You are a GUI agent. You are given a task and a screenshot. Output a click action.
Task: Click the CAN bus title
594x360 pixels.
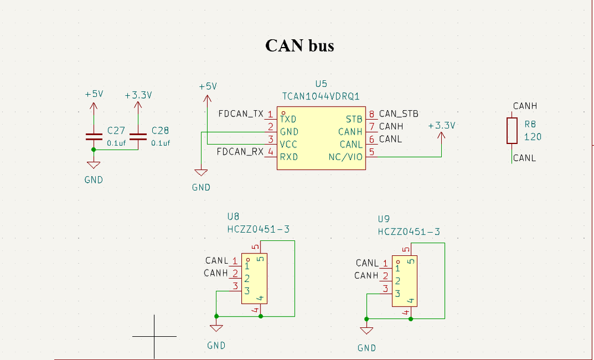[x=299, y=46]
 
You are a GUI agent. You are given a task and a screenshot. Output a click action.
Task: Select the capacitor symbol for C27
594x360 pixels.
[x=93, y=136]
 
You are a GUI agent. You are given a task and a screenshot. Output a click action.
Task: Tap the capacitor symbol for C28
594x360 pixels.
[x=137, y=136]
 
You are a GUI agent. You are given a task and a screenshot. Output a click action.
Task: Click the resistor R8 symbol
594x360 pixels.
[x=512, y=130]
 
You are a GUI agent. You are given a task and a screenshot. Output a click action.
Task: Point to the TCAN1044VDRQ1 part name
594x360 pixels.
[x=321, y=95]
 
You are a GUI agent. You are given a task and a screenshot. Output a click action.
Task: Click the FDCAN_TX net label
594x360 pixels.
[x=240, y=114]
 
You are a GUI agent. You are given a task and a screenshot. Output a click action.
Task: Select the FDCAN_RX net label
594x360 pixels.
[x=240, y=152]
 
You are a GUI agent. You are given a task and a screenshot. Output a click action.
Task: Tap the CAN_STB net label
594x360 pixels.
[x=398, y=114]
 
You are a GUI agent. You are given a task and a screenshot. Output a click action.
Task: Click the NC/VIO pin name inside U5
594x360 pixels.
[x=345, y=157]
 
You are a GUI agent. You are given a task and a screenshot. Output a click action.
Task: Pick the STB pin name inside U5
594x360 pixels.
[x=354, y=119]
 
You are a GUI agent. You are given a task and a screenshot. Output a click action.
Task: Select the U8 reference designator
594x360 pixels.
[x=233, y=217]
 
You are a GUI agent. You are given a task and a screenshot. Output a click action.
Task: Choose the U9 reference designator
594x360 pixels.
[x=384, y=219]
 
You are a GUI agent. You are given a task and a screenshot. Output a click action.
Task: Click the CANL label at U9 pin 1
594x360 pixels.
[x=367, y=263]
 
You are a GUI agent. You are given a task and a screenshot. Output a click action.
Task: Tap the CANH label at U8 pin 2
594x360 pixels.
[x=216, y=273]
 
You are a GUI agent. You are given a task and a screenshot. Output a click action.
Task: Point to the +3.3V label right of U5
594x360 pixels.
[x=441, y=126]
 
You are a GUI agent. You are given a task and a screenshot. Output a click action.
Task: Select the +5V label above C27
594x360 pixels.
[x=94, y=94]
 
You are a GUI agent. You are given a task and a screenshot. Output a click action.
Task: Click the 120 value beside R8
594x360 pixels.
[x=533, y=137]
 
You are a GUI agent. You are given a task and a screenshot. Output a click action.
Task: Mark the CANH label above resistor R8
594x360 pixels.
[x=525, y=106]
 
